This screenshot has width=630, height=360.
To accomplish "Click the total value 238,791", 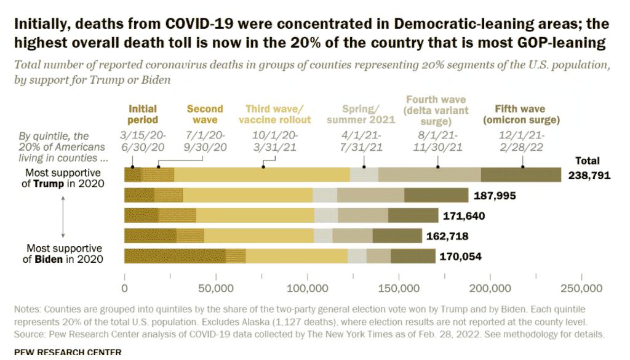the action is [x=589, y=175].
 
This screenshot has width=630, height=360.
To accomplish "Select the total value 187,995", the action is [x=495, y=196].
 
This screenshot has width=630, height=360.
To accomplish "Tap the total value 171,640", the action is [x=464, y=216].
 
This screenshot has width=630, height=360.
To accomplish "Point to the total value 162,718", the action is [x=447, y=236].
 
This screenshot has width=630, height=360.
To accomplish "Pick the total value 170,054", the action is [x=460, y=257].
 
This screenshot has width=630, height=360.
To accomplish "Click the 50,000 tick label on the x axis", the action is [x=216, y=289].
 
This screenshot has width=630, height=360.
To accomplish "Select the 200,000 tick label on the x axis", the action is [x=490, y=289].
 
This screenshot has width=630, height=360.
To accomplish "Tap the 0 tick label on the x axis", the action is [x=124, y=289].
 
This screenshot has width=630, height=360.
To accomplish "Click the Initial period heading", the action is [x=143, y=114].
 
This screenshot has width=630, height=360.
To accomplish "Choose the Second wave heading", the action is [x=205, y=114].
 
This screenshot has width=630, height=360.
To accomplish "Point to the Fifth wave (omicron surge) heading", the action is [x=521, y=114].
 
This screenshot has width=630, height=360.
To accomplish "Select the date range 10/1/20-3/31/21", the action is [x=275, y=141].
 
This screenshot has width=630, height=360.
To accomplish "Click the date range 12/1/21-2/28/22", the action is [x=522, y=141].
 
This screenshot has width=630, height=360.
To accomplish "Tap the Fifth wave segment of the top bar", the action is [x=521, y=175].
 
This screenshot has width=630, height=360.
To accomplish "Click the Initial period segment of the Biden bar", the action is [x=175, y=256].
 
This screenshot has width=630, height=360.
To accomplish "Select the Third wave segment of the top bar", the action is [x=262, y=175].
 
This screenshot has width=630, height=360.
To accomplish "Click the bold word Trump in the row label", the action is [x=49, y=183].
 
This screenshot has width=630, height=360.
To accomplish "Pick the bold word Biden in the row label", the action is [x=49, y=259].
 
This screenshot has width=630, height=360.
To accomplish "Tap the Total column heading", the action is [x=588, y=161].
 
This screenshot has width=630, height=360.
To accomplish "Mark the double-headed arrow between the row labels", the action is [x=63, y=217].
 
